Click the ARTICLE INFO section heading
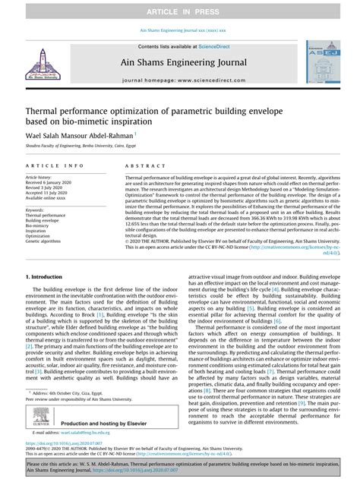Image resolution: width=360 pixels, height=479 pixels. click(54, 165)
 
